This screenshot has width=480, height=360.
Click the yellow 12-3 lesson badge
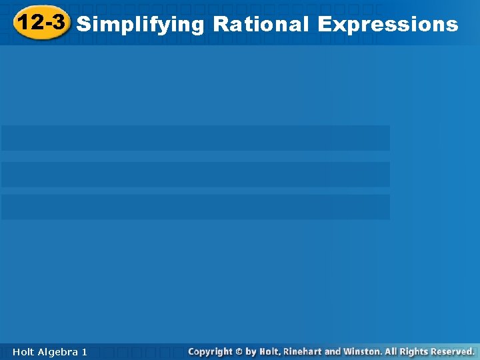41,23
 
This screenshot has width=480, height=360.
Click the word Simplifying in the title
140,25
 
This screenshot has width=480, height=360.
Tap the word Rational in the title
261,25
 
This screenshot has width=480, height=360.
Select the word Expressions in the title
388,25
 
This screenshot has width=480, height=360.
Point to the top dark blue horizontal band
195,138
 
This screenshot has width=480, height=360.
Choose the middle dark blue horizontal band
195,174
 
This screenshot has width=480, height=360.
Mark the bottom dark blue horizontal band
195,207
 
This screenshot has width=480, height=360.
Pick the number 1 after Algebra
84,351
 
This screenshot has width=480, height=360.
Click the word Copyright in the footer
210,351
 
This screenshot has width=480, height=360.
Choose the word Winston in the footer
362,351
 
